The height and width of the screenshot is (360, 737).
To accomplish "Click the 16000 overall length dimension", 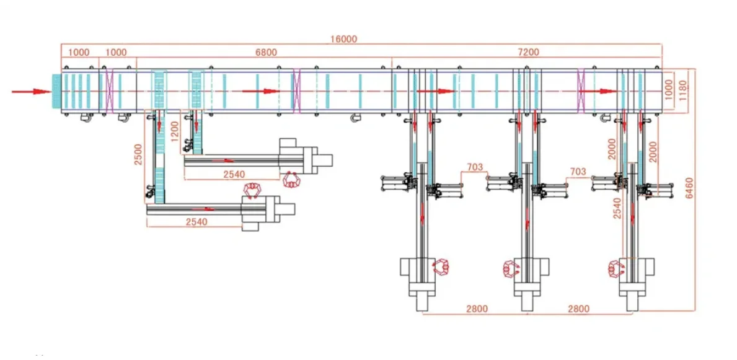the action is (x=343, y=39).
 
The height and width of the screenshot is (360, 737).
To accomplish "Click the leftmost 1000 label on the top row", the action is (x=79, y=52).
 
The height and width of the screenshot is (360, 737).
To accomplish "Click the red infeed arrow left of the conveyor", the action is (x=32, y=91).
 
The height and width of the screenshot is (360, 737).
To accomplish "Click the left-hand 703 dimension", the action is (x=475, y=167).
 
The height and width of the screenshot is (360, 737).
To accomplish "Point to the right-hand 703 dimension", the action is (x=578, y=172).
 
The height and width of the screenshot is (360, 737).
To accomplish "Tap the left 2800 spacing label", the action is (x=477, y=309).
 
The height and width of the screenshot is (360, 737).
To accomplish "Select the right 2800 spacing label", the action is (x=578, y=309).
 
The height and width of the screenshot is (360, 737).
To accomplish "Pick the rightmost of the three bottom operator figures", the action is (x=616, y=268).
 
